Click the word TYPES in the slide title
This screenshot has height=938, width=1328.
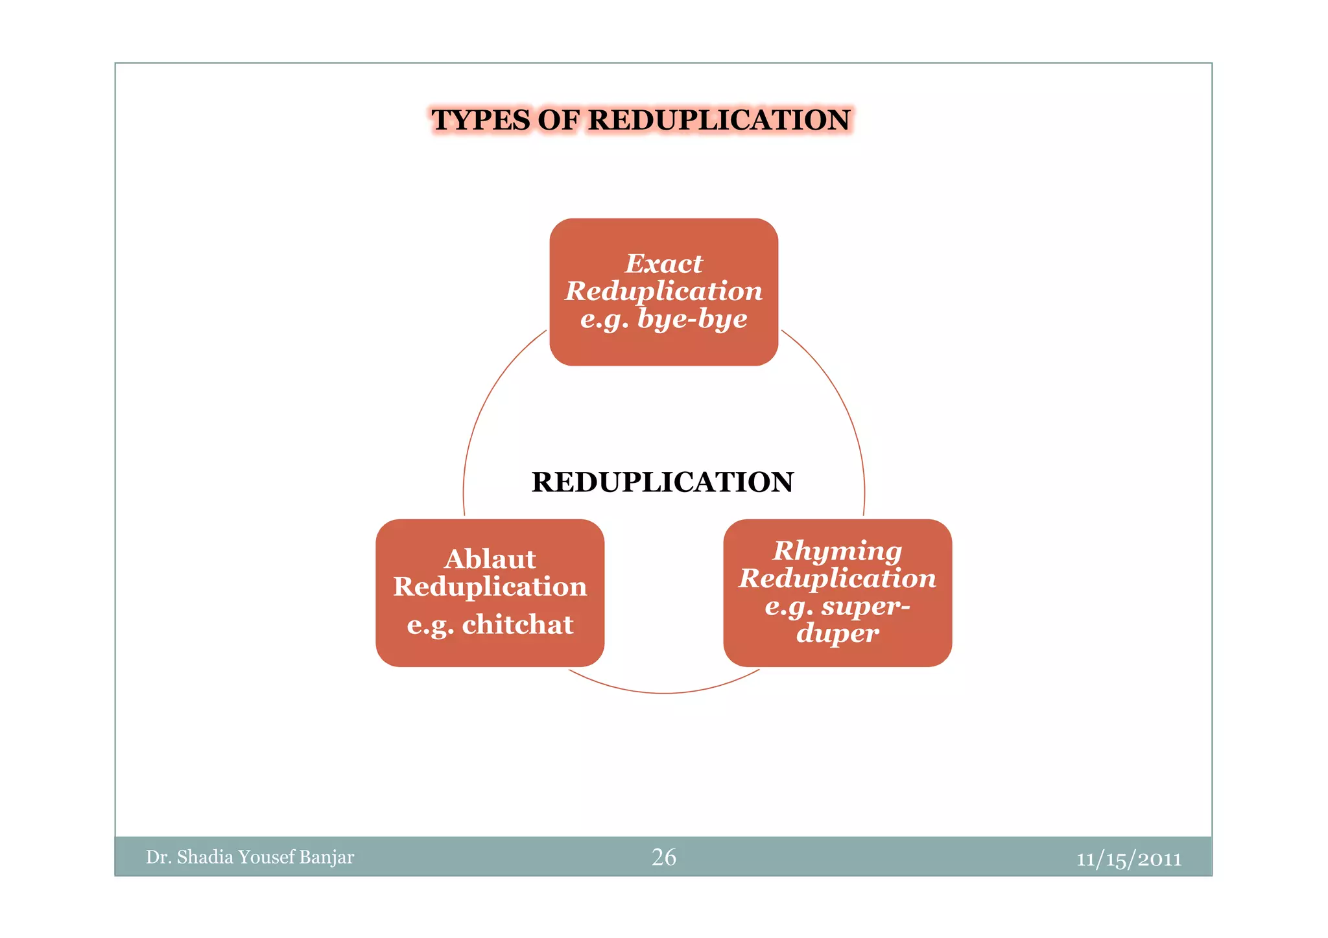point(481,120)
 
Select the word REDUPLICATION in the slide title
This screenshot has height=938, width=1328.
point(719,120)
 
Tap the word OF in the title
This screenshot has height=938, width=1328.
point(559,120)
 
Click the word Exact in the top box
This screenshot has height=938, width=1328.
point(663,264)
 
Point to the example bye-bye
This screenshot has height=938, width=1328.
point(693,319)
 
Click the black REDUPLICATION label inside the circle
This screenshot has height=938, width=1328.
point(663,482)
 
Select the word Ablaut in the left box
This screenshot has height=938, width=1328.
point(490,559)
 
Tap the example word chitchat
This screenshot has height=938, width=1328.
point(517,624)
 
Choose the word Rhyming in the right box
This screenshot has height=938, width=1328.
point(837,552)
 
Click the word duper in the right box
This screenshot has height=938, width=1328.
point(837,633)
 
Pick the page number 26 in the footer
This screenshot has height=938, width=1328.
point(663,857)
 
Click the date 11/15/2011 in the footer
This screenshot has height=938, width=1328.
point(1129,860)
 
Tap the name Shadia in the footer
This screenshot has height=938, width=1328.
point(205,857)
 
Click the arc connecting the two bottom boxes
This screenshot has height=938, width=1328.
point(663,693)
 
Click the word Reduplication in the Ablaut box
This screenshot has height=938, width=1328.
point(490,587)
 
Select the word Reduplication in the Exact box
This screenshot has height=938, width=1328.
point(663,292)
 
